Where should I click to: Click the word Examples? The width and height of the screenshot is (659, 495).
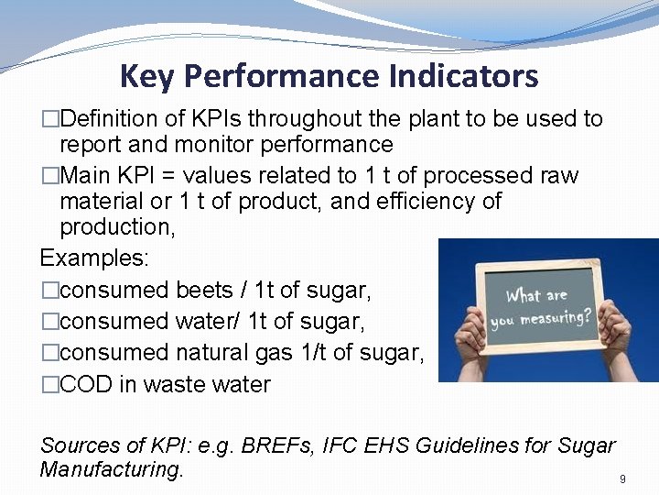click(94, 258)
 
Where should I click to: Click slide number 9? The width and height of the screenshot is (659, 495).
click(622, 479)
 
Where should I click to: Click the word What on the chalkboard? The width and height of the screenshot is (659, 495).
click(523, 297)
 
